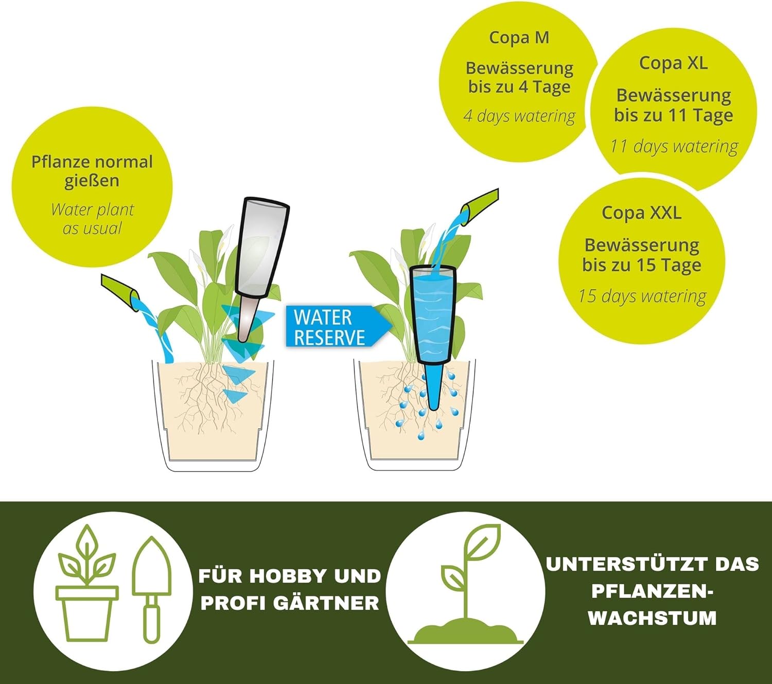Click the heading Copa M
coord(519,38)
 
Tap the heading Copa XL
coord(673,63)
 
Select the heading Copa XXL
coord(642,213)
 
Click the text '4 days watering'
coord(519,116)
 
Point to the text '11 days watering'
coord(674,147)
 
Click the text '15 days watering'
coord(642,296)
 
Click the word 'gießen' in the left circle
coord(92,181)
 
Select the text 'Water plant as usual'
coord(92,219)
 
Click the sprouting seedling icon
coord(465,585)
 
